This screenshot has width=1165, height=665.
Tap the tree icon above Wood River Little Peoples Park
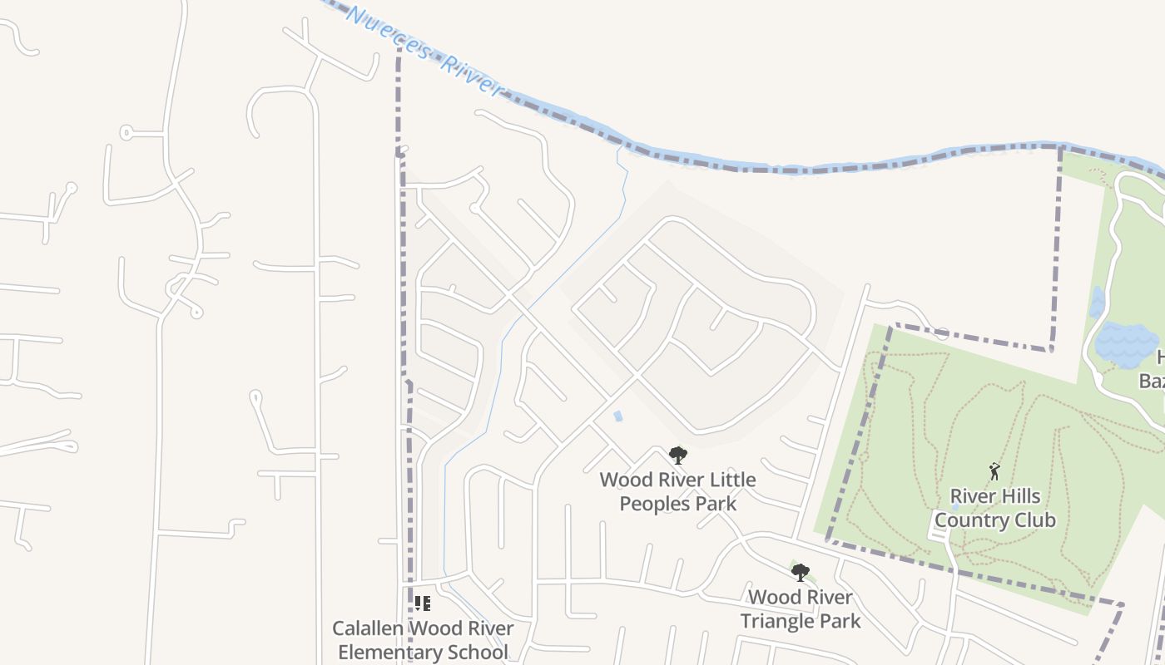678,456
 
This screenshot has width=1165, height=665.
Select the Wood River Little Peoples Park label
677,491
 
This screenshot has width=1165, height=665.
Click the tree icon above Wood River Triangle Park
800,572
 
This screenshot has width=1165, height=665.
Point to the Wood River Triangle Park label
801,608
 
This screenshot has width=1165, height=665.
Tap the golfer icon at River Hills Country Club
994,471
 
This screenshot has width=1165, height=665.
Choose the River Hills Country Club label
995,508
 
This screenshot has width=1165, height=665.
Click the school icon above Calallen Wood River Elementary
423,603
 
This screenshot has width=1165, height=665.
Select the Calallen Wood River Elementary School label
423,640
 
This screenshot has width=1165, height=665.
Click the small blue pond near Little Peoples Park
617,416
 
